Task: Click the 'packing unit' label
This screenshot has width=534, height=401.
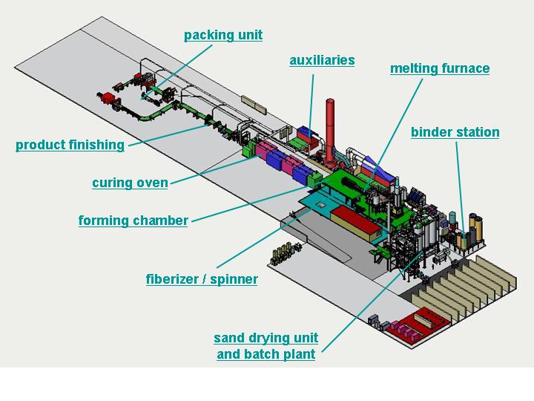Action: (x=223, y=35)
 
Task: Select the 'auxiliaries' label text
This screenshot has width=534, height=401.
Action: (x=322, y=60)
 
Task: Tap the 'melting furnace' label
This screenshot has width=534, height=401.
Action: (x=440, y=68)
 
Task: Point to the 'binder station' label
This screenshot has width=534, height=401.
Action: (x=455, y=132)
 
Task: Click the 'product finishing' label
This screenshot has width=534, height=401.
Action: (x=70, y=145)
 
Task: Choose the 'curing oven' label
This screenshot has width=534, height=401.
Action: (x=130, y=183)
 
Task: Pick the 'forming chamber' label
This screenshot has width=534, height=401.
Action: (x=133, y=221)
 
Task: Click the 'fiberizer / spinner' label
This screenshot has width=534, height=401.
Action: (x=202, y=279)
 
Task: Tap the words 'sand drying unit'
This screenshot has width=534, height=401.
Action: (x=266, y=338)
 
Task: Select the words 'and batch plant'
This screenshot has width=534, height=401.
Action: (x=266, y=354)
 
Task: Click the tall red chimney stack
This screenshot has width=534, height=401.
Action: (x=329, y=131)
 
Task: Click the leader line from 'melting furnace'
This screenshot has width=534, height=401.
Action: (x=393, y=134)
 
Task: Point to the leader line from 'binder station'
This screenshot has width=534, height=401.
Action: (x=460, y=190)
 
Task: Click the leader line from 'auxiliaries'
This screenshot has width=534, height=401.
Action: (x=311, y=105)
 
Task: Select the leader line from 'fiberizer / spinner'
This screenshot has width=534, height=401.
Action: (x=264, y=238)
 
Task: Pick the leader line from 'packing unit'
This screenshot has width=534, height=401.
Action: (x=177, y=71)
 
